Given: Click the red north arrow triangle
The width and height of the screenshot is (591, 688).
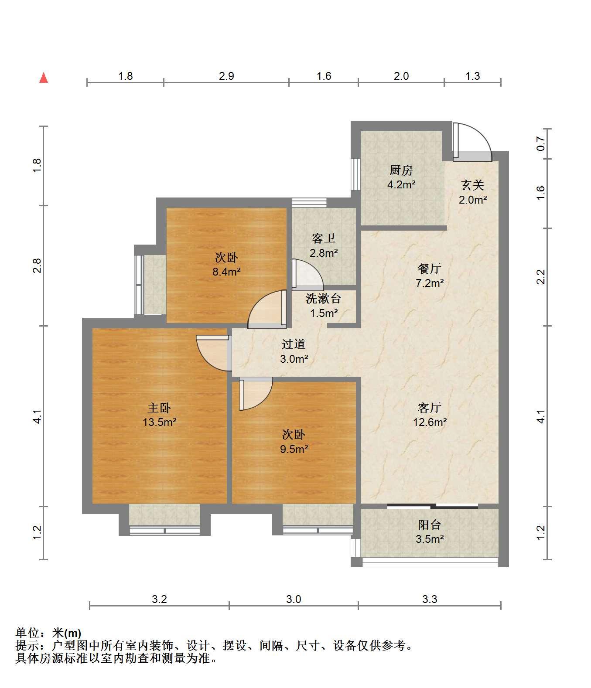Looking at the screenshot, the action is [x=44, y=78].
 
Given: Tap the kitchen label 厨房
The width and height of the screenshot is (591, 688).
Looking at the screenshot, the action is [x=401, y=170].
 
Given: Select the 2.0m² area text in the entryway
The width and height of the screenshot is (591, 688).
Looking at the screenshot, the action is [x=472, y=200].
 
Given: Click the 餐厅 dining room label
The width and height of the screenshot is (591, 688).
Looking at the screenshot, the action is [x=430, y=268].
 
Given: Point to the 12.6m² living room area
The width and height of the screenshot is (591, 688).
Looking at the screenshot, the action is [x=430, y=422].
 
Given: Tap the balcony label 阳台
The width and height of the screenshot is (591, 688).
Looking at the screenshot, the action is [x=430, y=525].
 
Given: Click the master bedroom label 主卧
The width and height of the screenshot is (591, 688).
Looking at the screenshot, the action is [x=159, y=408].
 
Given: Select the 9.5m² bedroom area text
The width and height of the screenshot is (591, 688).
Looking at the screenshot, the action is [x=294, y=450].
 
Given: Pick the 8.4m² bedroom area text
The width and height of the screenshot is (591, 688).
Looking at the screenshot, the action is [x=226, y=272].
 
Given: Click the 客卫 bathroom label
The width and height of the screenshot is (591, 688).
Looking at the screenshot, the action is [x=323, y=238].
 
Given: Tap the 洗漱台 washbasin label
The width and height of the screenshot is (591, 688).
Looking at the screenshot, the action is [x=323, y=299].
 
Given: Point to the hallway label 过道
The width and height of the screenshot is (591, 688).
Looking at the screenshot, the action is [x=294, y=344].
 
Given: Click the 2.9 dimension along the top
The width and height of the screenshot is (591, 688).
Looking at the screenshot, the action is [x=226, y=76].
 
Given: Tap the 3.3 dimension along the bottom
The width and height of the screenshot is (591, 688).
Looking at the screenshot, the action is [x=430, y=599].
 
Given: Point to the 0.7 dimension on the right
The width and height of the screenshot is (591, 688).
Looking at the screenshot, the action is [x=541, y=144].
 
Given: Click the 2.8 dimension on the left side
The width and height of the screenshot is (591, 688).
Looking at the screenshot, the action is [x=37, y=266].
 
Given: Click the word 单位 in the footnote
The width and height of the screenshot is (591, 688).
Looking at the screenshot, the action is [x=27, y=633].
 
